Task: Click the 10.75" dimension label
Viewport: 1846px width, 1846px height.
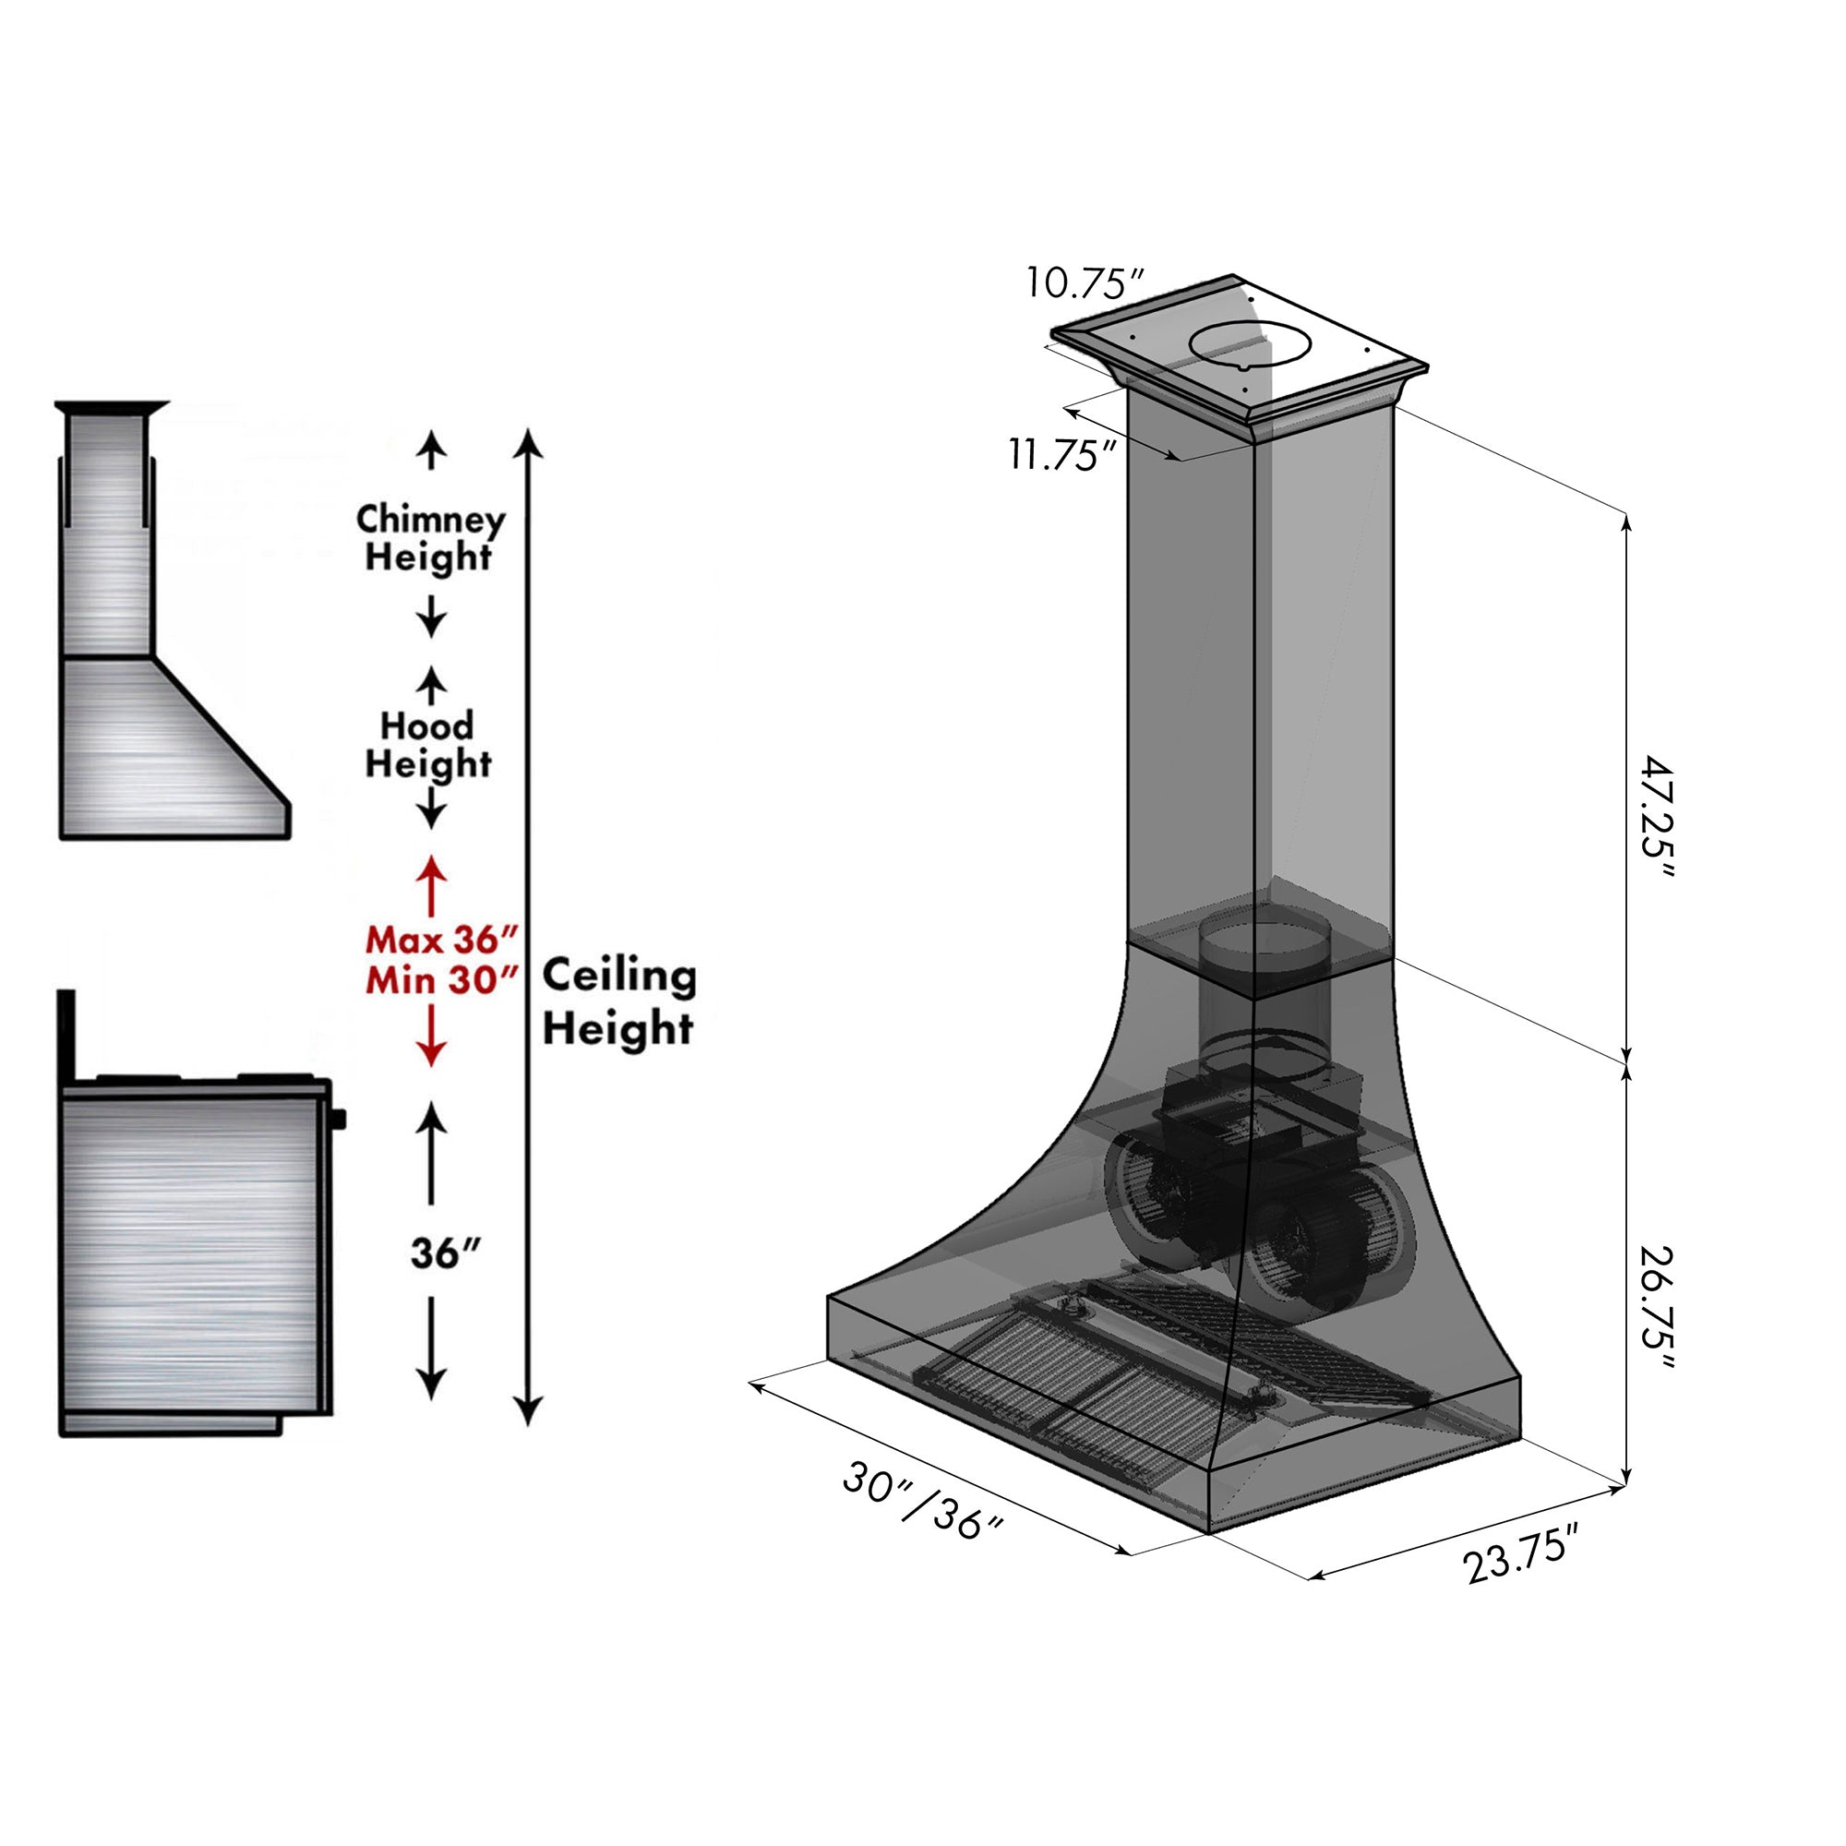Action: click(x=1085, y=282)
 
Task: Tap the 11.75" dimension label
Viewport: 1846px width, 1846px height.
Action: click(x=1062, y=455)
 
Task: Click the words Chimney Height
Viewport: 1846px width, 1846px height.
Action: click(x=430, y=538)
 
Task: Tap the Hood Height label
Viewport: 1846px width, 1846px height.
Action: click(x=428, y=744)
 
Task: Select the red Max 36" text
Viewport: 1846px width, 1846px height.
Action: click(x=440, y=941)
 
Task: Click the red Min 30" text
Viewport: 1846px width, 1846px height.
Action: click(x=440, y=981)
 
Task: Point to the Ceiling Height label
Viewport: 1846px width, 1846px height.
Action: click(x=618, y=1002)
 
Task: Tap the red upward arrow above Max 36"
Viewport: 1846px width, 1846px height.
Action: click(x=431, y=884)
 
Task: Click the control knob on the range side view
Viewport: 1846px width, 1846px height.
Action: click(x=339, y=1118)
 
